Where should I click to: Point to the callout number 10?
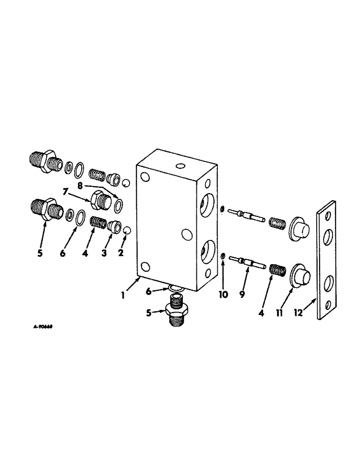tap(223, 295)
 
